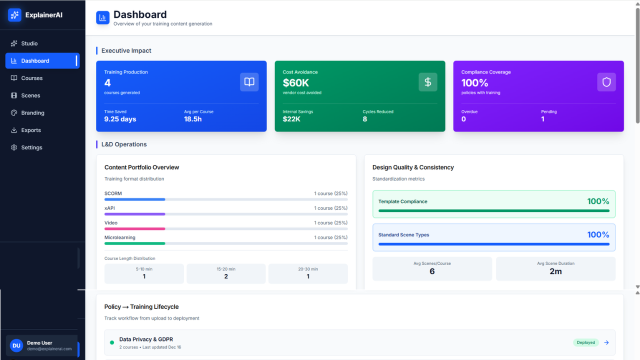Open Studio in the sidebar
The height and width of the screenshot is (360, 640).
[29, 43]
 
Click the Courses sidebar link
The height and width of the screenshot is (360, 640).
[31, 78]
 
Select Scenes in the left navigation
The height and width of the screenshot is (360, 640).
[30, 95]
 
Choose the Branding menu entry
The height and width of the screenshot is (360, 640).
[32, 113]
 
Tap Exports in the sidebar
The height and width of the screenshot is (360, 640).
[30, 130]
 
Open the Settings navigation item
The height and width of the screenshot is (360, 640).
[31, 147]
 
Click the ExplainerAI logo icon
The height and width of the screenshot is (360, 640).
[14, 15]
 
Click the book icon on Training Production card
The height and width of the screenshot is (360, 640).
[249, 82]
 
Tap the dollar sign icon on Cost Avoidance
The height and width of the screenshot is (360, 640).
[427, 82]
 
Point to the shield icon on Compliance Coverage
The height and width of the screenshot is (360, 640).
[606, 82]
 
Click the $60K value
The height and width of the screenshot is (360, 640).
[295, 83]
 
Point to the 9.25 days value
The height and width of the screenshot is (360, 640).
[120, 119]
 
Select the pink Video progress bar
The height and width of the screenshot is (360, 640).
[134, 229]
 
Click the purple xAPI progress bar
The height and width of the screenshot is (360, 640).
[134, 214]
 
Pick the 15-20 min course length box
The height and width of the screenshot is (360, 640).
[226, 273]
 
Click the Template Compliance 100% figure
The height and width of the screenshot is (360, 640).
[598, 201]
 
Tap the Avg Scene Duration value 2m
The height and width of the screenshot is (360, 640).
[555, 271]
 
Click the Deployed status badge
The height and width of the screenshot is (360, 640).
[585, 342]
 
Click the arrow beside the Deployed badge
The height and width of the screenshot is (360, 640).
[606, 342]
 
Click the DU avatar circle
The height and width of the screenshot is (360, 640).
[16, 345]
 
